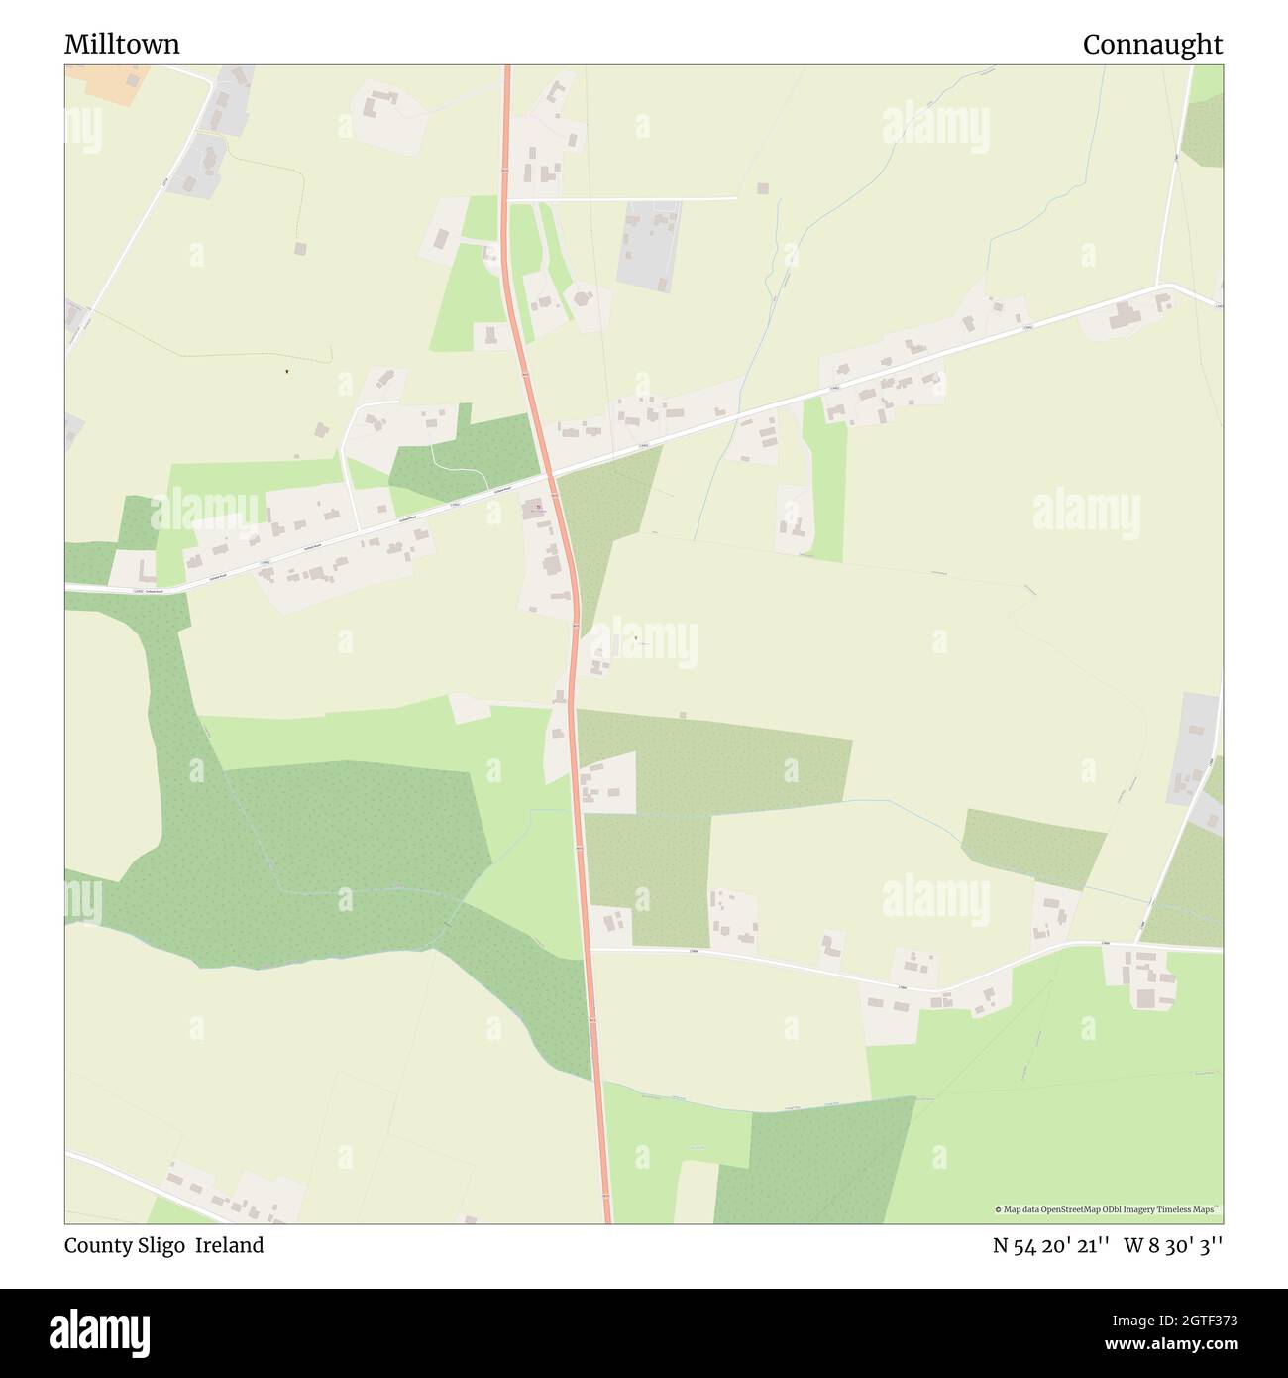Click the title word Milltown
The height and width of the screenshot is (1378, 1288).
[x=122, y=45]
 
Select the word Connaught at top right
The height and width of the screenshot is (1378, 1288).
[x=1152, y=45]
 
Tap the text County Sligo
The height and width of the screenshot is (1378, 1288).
[x=125, y=1246]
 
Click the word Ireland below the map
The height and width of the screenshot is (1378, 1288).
[x=229, y=1246]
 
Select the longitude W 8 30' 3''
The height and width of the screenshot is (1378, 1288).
[x=1173, y=1246]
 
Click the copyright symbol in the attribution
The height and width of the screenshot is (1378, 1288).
[x=999, y=1209]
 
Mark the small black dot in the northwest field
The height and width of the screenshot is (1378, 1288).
[x=286, y=372]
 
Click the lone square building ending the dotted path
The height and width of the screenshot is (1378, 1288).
[x=300, y=248]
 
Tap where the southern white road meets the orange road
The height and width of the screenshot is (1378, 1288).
[x=590, y=950]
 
